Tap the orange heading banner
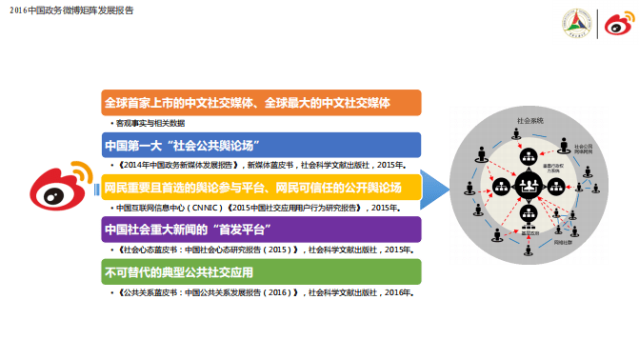(x=261, y=102)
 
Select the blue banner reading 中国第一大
(x=261, y=145)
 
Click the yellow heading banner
(x=261, y=186)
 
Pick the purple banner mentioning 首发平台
(x=261, y=230)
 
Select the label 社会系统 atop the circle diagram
(x=529, y=121)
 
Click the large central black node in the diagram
(x=527, y=186)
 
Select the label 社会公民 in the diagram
(x=583, y=149)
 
